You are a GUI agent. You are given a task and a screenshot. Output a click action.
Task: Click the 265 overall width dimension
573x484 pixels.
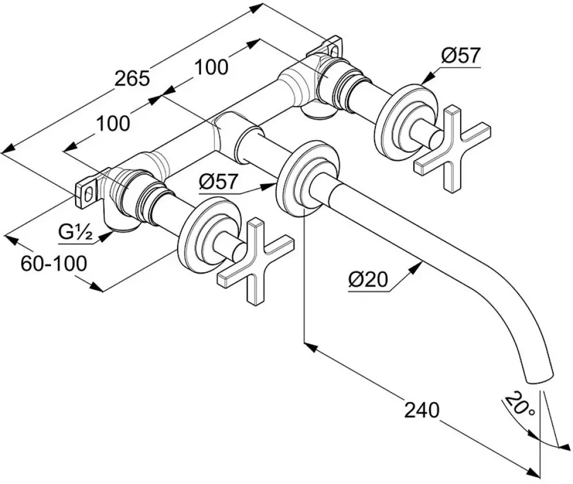[x=132, y=78]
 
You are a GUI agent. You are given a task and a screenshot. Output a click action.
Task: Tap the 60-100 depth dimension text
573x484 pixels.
[x=54, y=263]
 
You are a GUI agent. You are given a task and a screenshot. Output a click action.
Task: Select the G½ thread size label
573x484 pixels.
[x=75, y=232]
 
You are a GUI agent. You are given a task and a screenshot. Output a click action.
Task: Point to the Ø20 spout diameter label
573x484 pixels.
[x=368, y=280]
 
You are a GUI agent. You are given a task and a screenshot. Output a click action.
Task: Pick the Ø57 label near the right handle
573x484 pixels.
[x=460, y=56]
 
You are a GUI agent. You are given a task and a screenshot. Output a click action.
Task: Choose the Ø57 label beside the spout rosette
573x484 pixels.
[x=218, y=181]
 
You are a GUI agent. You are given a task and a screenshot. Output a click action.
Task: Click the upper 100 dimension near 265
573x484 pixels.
[x=211, y=67]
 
